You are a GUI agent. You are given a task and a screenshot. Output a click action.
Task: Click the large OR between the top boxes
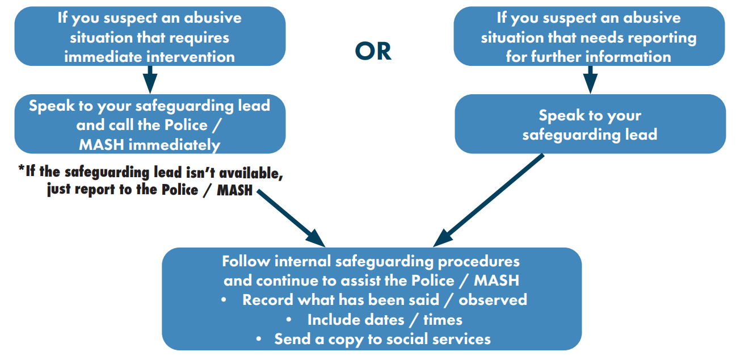pos(373,52)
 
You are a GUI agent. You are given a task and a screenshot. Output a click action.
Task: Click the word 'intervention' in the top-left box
pos(192,57)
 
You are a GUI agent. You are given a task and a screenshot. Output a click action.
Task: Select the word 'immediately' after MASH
pos(174,145)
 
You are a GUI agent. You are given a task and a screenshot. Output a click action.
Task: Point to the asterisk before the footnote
pos(22,169)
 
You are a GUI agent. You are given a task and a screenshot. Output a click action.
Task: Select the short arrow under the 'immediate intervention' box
pos(150,79)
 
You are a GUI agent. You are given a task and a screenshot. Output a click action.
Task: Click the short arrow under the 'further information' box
pos(590,79)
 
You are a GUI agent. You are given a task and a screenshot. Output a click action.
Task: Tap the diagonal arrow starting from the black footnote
pos(291,218)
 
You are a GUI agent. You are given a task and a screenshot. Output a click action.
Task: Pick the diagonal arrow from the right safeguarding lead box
pos(488,200)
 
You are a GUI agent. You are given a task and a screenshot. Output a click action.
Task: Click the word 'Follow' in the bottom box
pos(246,262)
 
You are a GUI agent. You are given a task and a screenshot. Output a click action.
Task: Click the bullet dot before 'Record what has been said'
pos(224,300)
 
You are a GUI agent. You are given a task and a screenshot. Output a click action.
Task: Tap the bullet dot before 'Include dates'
pos(289,320)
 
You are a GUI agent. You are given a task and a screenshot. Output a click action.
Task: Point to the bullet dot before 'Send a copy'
pos(259,339)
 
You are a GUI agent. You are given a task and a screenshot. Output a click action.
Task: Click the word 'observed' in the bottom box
pos(493,300)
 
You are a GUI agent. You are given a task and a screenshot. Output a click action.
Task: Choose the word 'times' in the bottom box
pos(443,320)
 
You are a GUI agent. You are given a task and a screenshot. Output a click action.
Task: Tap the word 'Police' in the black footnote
pos(180,190)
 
